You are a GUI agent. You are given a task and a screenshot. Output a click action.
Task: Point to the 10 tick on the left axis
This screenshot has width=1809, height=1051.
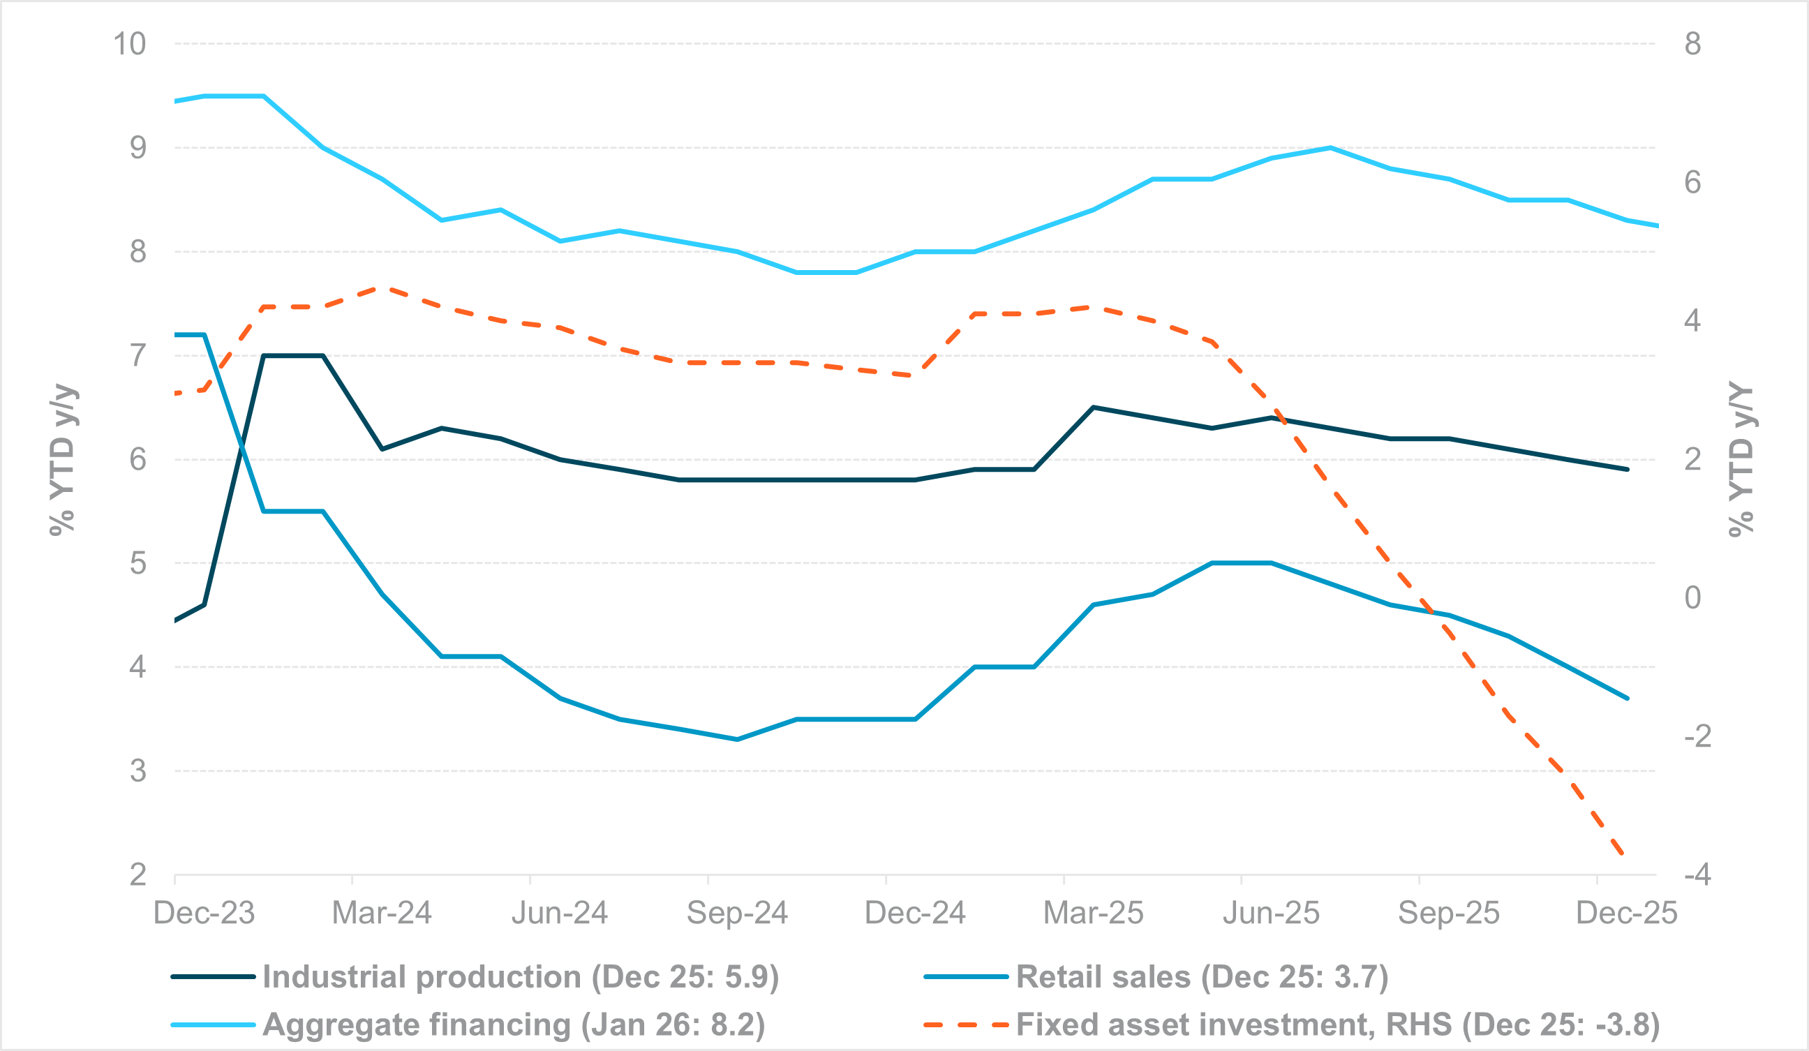point(129,44)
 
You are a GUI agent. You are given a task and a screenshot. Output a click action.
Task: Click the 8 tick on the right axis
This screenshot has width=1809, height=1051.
point(1692,44)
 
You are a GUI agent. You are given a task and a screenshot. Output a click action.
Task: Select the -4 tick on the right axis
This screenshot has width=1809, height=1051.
point(1697,874)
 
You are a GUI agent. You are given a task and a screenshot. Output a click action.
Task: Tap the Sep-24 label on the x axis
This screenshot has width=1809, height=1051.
point(737,912)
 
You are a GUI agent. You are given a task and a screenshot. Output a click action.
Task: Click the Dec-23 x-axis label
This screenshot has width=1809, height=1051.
point(204,912)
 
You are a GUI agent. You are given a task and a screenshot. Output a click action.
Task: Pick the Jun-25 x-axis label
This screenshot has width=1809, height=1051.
point(1271,912)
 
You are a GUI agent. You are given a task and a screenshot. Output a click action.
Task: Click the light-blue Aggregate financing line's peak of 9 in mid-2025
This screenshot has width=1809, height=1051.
point(1330,148)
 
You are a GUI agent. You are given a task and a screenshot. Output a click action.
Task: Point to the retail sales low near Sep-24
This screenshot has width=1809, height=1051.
point(737,740)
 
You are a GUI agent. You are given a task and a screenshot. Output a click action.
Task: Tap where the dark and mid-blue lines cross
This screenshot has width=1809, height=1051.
point(242,447)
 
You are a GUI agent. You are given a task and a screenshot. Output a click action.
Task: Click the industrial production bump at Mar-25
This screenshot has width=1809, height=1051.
point(1092,407)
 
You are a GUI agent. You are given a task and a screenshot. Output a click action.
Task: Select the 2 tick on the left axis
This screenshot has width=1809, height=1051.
point(137,874)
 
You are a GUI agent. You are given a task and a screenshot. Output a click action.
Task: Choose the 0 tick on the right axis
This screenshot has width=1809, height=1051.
point(1692,597)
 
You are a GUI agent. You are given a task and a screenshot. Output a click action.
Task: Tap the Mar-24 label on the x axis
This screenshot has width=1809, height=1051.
point(382,912)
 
